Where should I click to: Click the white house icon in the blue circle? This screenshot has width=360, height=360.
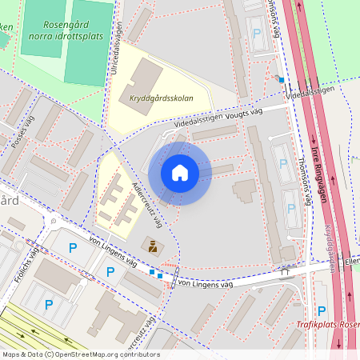180,172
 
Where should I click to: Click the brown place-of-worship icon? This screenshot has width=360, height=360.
150,244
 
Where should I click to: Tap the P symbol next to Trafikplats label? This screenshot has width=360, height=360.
322,310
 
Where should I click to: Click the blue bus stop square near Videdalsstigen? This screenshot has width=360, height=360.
281,79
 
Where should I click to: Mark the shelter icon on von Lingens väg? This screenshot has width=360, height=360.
284,270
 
